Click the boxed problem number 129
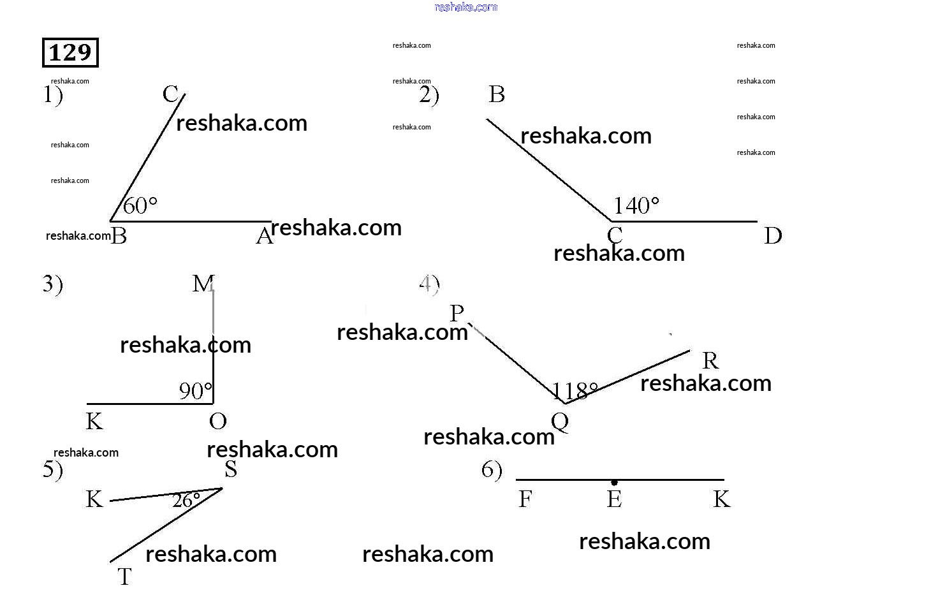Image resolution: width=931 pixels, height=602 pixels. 70,52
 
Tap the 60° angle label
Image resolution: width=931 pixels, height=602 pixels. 140,205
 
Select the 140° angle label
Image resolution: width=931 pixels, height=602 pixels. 636,205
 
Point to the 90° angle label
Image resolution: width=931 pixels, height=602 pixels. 195,391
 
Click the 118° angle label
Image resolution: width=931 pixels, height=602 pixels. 575,390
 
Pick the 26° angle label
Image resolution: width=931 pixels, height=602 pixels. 186,500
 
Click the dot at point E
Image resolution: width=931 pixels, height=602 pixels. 614,483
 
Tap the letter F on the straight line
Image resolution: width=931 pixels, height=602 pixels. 525,499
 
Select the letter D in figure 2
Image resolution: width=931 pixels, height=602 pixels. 773,236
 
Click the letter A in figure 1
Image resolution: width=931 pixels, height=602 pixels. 264,237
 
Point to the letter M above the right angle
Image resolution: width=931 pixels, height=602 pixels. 203,283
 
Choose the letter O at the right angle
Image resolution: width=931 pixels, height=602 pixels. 217,421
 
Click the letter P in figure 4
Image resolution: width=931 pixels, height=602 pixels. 457,313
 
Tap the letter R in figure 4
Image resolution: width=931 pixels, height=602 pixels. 710,361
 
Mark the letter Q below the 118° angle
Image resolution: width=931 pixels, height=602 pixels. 560,422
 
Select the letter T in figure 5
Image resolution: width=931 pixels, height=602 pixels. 124,576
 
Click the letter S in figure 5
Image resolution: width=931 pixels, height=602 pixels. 231,469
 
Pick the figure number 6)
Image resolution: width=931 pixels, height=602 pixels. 492,471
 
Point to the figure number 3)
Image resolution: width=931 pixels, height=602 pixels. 53,284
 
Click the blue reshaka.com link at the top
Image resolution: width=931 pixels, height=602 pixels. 465,7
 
